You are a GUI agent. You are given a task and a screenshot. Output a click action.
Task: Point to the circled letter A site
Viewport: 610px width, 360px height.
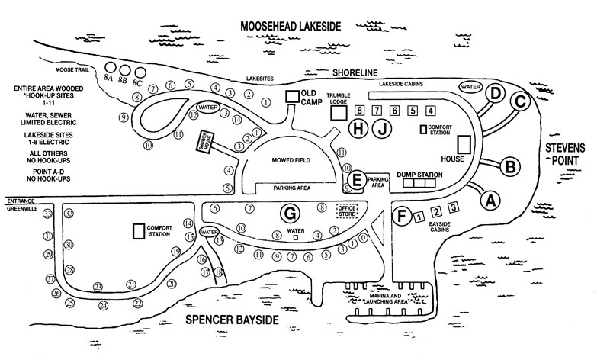[491, 199]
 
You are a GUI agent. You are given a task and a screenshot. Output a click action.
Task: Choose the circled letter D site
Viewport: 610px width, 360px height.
[496, 94]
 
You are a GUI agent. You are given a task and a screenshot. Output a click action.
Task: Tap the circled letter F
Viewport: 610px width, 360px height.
[402, 216]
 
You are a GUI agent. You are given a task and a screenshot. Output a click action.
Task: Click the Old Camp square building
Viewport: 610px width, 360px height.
[291, 96]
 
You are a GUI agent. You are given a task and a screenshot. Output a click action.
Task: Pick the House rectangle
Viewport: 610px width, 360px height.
[464, 144]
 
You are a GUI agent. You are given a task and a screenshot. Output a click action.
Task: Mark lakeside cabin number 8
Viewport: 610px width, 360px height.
[360, 110]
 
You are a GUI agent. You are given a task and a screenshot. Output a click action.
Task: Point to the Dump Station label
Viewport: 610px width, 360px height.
[419, 175]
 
